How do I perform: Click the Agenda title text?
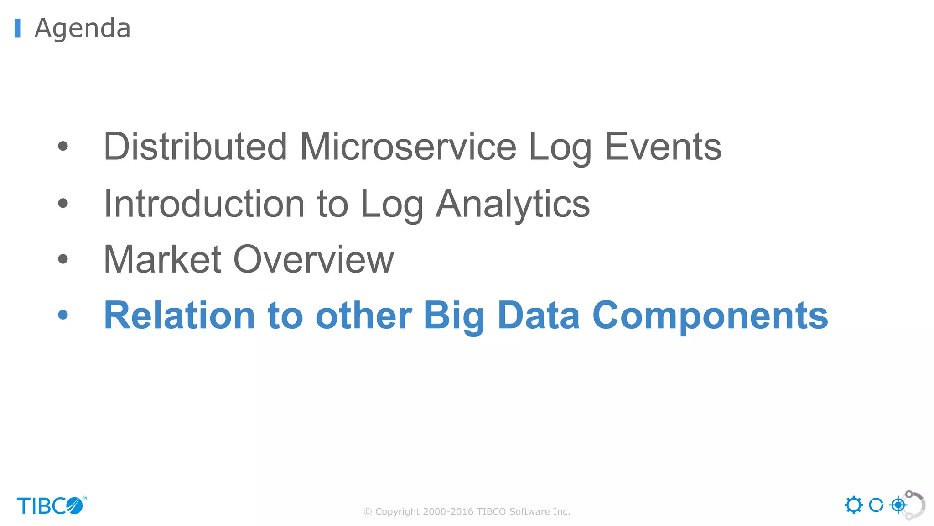coord(83,28)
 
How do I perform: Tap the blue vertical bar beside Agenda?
coord(17,28)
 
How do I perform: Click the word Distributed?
coord(195,147)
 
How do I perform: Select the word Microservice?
coord(408,147)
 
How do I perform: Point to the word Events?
coord(663,147)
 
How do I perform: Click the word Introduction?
coord(204,204)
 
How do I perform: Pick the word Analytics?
coord(513,205)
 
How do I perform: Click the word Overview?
coord(313,259)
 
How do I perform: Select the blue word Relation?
coord(179,316)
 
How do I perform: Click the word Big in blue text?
coord(454,316)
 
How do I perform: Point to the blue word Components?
coord(710,316)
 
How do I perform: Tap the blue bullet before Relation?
coord(63,315)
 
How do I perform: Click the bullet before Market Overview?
coord(63,259)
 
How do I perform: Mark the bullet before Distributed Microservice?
coord(63,146)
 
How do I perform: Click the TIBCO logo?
coord(51,505)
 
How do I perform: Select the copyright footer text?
coord(467,511)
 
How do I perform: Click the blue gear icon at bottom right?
coord(853,505)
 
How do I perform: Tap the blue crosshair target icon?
coord(898,505)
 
